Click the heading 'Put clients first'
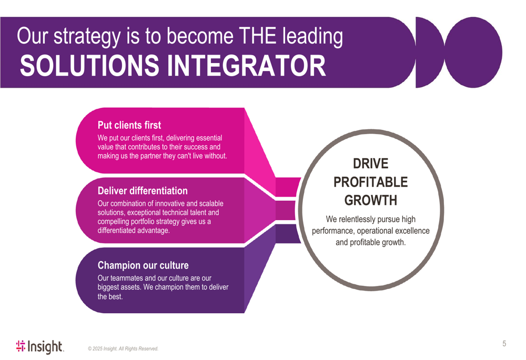pyautogui.click(x=129, y=125)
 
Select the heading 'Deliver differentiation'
pyautogui.click(x=143, y=190)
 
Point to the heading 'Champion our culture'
pyautogui.click(x=143, y=265)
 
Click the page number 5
pyautogui.click(x=504, y=344)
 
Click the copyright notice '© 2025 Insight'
pyautogui.click(x=123, y=348)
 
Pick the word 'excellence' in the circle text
pyautogui.click(x=411, y=231)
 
